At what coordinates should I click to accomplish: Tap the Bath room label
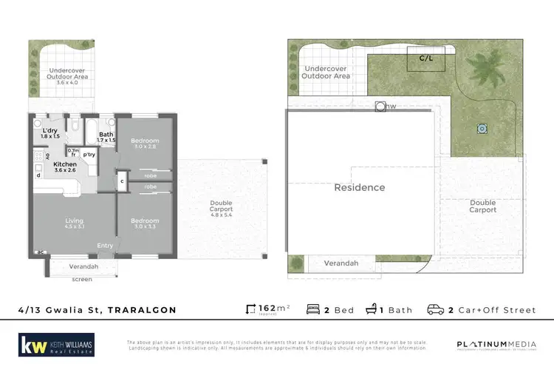click(106, 134)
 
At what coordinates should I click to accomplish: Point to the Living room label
click(73, 221)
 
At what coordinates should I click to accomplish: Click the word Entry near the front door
click(106, 245)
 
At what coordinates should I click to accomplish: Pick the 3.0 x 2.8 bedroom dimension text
click(145, 147)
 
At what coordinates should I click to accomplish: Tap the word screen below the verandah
click(82, 279)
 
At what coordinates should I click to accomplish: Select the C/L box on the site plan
click(426, 58)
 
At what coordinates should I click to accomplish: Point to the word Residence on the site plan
click(360, 187)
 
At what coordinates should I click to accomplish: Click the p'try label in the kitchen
click(89, 154)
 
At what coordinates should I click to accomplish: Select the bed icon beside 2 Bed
click(312, 309)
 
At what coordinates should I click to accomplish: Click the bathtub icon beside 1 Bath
click(373, 309)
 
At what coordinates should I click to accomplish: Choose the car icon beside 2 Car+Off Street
click(436, 309)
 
